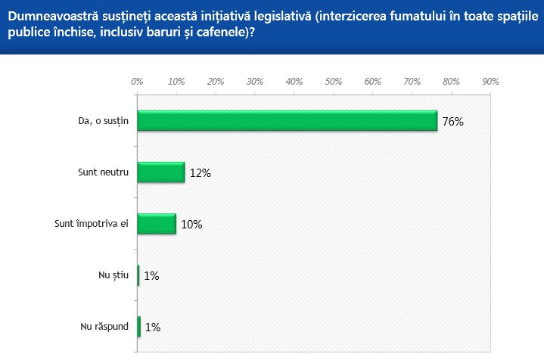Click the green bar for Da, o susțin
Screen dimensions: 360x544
click(288, 121)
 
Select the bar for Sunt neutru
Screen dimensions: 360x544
click(161, 172)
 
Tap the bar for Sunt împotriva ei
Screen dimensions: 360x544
click(157, 224)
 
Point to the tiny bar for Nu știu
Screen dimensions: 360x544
click(138, 275)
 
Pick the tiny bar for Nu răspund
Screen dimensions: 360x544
click(139, 327)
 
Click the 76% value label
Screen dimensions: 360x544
click(452, 122)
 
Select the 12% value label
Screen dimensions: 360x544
click(200, 173)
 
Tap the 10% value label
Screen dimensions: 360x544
click(191, 225)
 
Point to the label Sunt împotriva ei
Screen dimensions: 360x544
click(93, 224)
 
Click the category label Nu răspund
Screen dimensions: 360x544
click(105, 327)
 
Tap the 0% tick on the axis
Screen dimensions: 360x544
click(137, 81)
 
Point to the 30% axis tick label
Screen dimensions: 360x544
click(254, 81)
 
